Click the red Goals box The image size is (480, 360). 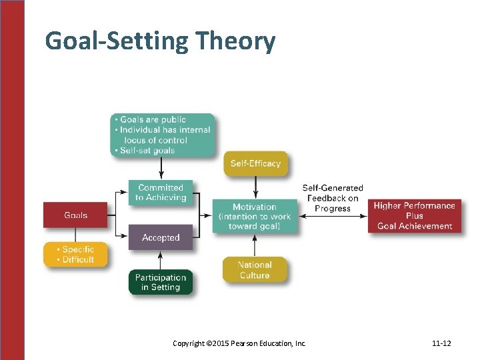(x=75, y=215)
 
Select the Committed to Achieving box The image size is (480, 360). (x=161, y=192)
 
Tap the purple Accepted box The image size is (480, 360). (x=161, y=237)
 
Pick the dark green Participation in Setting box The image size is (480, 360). (x=161, y=282)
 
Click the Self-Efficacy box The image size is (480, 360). (x=255, y=163)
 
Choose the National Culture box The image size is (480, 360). (x=255, y=270)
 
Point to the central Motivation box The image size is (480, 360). (x=255, y=217)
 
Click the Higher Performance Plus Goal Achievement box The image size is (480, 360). (x=414, y=215)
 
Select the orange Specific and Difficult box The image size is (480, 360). (x=75, y=255)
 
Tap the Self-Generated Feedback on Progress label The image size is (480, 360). (x=333, y=198)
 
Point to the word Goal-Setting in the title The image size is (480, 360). (x=117, y=41)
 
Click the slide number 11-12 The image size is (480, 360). (x=441, y=343)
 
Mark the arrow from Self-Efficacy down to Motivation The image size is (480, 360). (x=255, y=189)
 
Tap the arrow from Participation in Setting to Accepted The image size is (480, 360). (x=161, y=259)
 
